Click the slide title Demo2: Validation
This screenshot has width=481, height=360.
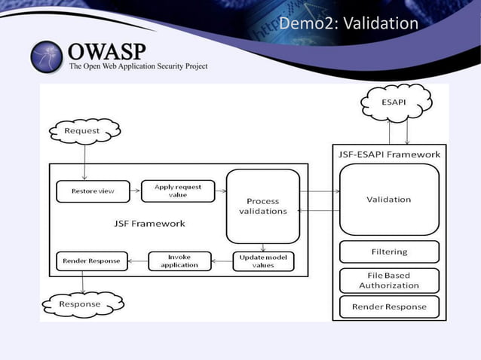click(348, 24)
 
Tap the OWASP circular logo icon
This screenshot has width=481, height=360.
click(48, 56)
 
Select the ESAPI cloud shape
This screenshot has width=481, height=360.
click(397, 104)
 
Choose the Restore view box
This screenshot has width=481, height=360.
click(93, 191)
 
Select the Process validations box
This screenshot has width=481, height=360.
click(262, 206)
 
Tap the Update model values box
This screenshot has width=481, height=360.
click(262, 261)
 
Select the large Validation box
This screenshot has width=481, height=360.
click(388, 200)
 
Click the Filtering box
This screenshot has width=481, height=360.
click(388, 252)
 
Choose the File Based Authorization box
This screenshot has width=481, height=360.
click(388, 280)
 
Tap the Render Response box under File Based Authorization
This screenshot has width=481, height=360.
click(388, 307)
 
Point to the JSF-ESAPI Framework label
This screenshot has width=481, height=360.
click(388, 154)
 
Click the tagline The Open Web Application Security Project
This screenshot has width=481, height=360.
click(138, 66)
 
